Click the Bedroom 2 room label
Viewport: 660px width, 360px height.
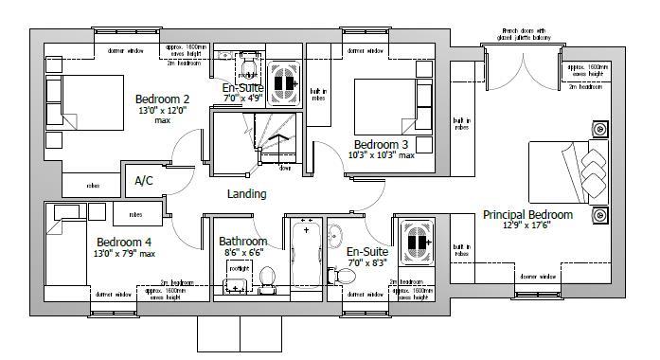click(x=162, y=99)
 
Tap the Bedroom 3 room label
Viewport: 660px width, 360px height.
click(x=381, y=144)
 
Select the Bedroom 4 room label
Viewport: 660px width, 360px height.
click(x=124, y=242)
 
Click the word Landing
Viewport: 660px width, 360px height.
click(x=246, y=194)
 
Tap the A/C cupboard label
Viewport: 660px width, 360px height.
click(x=144, y=180)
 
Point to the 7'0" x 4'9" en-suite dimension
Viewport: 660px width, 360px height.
click(x=242, y=98)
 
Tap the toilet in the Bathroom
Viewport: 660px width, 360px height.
click(x=266, y=278)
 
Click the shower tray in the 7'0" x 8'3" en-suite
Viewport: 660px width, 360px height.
click(x=415, y=243)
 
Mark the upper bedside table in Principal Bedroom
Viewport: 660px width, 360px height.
click(x=599, y=130)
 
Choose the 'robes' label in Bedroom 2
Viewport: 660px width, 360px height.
click(x=93, y=186)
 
